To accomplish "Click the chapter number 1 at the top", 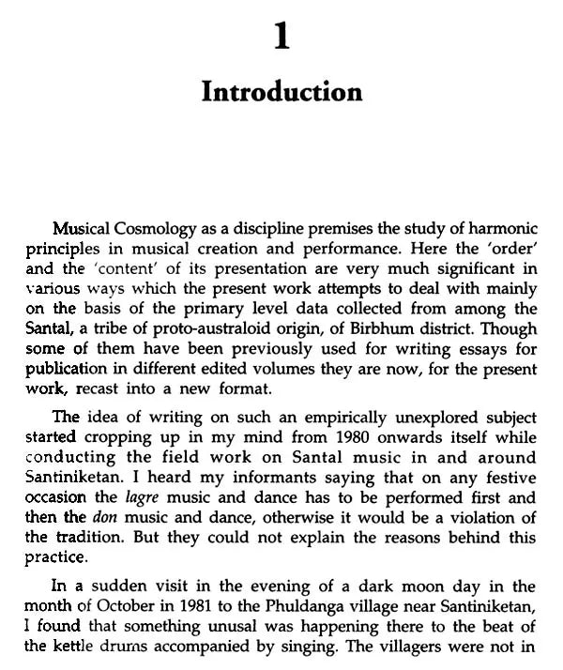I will (281, 37).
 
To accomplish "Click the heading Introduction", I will (281, 92).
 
